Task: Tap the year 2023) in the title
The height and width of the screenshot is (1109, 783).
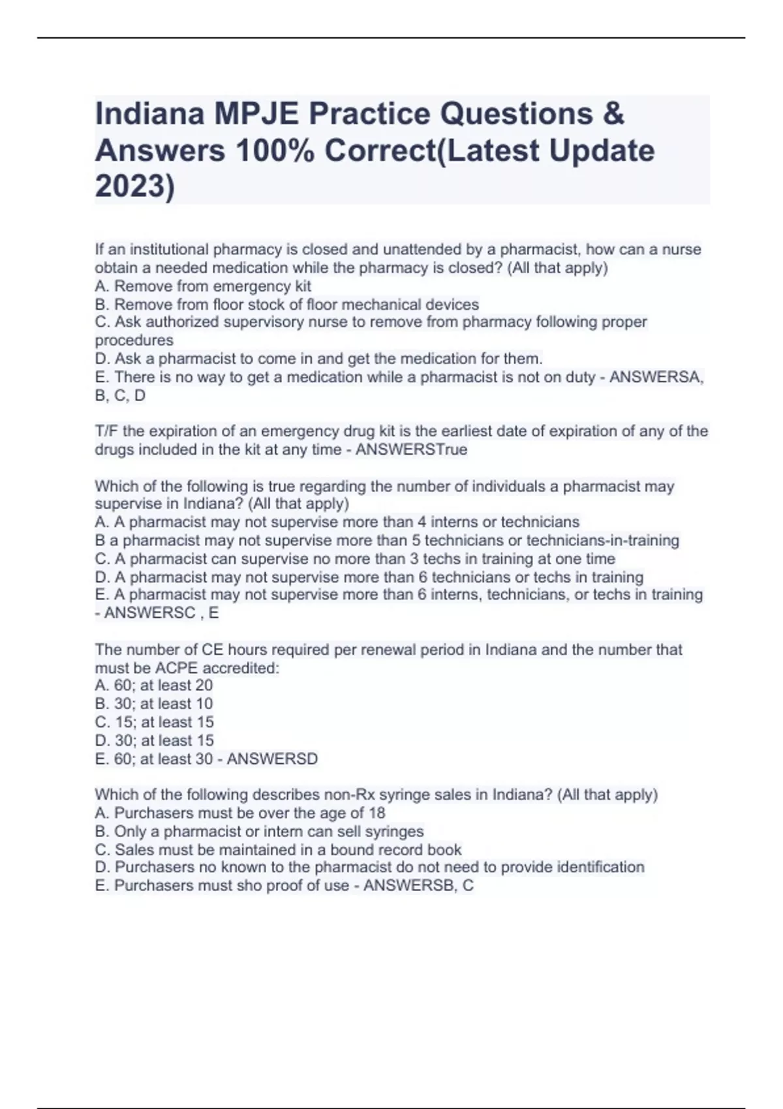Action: [135, 187]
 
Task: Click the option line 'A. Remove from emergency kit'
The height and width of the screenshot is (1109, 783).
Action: [203, 286]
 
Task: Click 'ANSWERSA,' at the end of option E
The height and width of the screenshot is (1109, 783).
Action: [656, 377]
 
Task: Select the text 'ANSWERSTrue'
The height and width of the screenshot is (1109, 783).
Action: [411, 450]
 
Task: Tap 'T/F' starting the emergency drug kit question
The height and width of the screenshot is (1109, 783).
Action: [106, 432]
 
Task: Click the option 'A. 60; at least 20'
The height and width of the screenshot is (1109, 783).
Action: [154, 686]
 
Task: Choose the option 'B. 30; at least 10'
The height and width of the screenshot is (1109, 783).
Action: [154, 704]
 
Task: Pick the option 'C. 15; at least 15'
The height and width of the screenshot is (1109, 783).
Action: [155, 722]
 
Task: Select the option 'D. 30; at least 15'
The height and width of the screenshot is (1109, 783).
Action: [155, 740]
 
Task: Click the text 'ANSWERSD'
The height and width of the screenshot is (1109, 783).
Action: [272, 759]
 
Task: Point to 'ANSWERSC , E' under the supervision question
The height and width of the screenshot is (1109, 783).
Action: [162, 613]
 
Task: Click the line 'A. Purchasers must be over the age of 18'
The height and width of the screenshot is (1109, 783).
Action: [240, 813]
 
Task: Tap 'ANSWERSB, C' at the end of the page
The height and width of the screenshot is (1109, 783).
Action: [418, 886]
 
